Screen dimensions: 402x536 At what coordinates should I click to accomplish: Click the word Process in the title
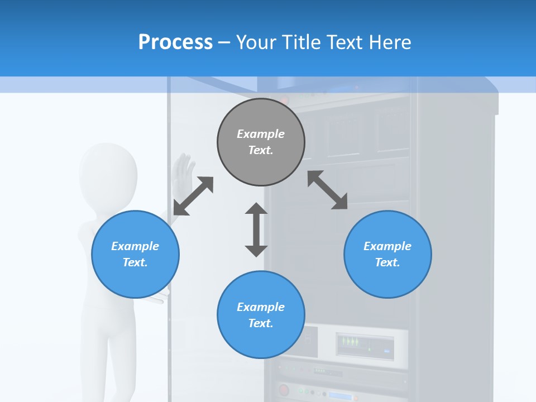pyautogui.click(x=175, y=42)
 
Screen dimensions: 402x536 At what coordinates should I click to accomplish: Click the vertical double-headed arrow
pyautogui.click(x=256, y=229)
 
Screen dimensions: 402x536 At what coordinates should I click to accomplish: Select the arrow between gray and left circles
pyautogui.click(x=193, y=196)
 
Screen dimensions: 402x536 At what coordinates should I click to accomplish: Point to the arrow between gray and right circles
pyautogui.click(x=328, y=190)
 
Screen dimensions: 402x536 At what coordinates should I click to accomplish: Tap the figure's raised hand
pyautogui.click(x=183, y=170)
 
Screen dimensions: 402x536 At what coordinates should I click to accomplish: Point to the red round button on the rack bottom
pyautogui.click(x=284, y=389)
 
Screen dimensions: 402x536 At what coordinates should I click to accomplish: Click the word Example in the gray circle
pyautogui.click(x=261, y=134)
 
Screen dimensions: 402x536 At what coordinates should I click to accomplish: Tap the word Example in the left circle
pyautogui.click(x=135, y=246)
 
